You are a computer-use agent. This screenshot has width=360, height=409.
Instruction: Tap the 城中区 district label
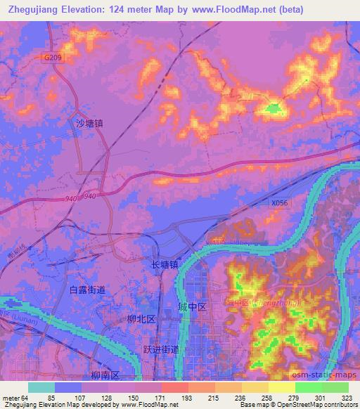pos(192,307)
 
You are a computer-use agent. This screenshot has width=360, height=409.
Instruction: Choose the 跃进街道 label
pos(161,349)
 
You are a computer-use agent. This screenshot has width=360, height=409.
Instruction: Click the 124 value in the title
pos(127,9)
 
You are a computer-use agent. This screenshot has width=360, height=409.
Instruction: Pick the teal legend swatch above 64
pos(40,387)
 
